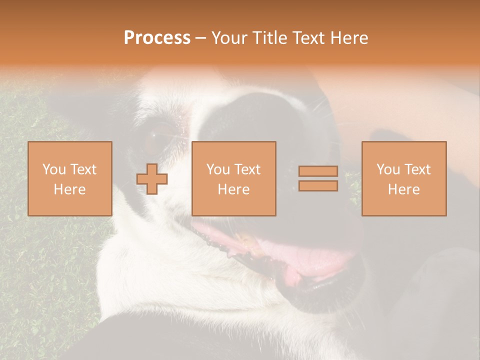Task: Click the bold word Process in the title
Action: pos(157,38)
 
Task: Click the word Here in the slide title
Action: pos(349,38)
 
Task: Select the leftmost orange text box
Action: pos(69,178)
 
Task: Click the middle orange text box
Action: pos(233,178)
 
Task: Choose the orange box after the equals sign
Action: pos(403,178)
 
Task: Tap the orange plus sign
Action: pos(152,179)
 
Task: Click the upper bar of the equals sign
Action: pos(318,171)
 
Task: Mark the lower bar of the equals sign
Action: pos(318,185)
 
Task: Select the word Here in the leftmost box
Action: pos(69,189)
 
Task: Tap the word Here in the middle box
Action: pos(233,189)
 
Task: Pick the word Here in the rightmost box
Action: pos(403,189)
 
